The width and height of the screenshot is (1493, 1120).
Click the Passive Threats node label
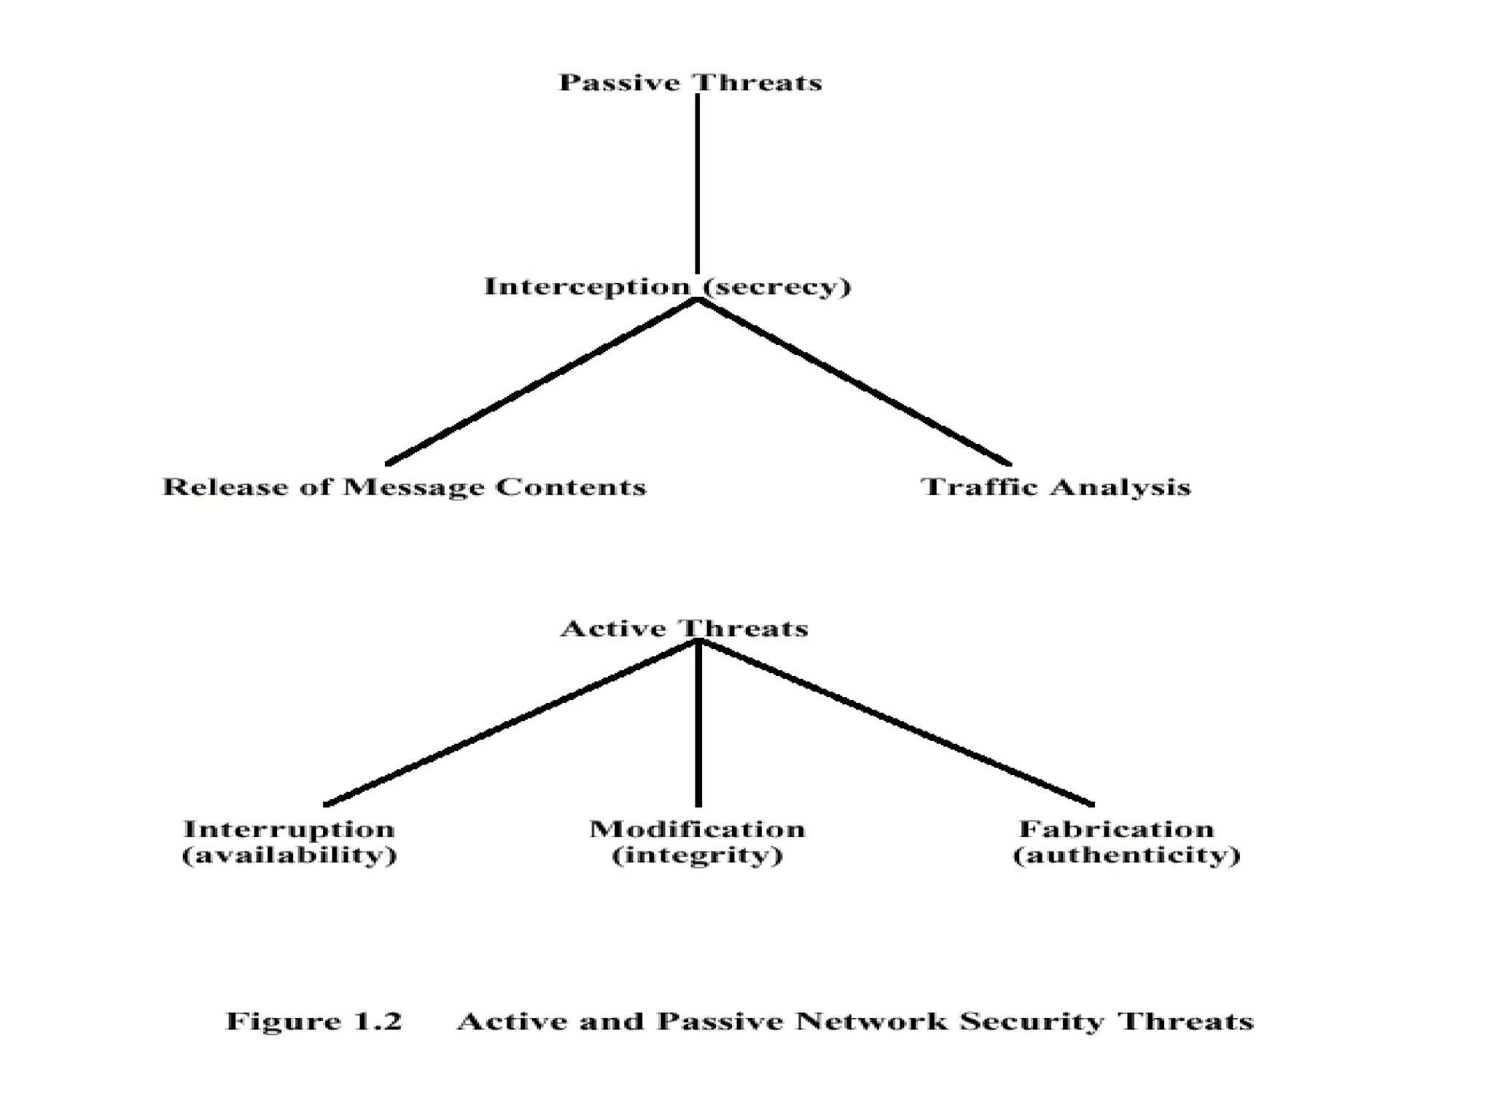point(690,82)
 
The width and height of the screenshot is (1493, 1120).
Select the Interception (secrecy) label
point(668,287)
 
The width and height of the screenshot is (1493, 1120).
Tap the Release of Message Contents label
point(405,487)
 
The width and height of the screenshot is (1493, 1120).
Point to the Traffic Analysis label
point(1056,487)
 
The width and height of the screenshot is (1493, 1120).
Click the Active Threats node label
point(685,629)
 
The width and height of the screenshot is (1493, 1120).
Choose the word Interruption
point(289,829)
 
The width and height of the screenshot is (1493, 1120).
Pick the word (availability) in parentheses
point(289,855)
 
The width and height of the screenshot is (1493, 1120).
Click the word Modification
point(698,829)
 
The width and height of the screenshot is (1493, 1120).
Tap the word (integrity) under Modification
point(698,855)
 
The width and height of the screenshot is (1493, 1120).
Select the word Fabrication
point(1117,829)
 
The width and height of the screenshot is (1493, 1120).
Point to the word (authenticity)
point(1127,855)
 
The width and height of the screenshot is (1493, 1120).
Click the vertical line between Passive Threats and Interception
point(698,182)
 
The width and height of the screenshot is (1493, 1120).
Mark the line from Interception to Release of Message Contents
point(541,382)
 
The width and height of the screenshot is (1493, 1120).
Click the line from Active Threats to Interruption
point(510,723)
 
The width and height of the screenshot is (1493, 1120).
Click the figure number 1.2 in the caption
point(378,1022)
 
